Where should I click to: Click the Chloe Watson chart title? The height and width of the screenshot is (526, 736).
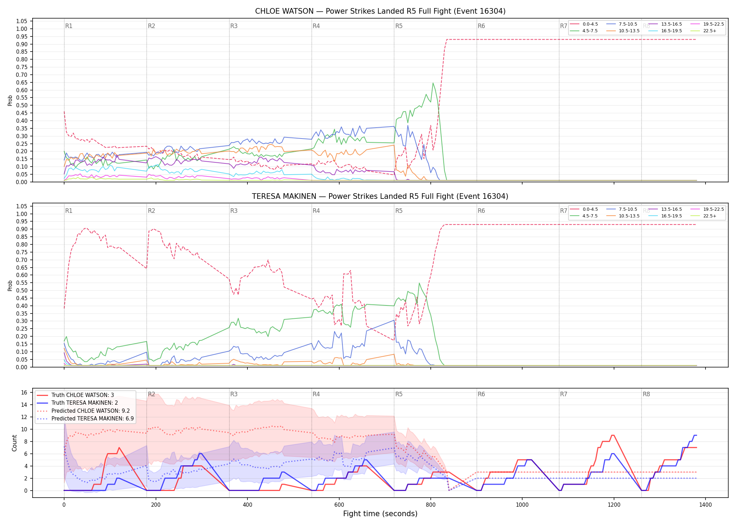pos(380,11)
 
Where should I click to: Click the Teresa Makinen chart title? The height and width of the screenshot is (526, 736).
pos(380,196)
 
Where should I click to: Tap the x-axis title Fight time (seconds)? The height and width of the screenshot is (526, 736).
pos(380,514)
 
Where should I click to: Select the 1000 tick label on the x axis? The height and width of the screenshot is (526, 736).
pos(522,505)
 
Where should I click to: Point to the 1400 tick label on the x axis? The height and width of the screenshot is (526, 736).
pos(706,505)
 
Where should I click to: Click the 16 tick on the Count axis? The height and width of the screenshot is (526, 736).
pos(24,392)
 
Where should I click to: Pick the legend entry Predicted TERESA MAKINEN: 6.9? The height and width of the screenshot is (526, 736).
pos(85,419)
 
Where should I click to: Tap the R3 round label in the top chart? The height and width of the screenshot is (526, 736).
pos(234,26)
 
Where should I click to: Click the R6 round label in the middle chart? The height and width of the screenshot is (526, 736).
pos(481,211)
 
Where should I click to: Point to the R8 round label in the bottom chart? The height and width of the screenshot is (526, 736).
pos(646,394)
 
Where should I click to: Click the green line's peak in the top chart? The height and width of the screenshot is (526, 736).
pos(433,83)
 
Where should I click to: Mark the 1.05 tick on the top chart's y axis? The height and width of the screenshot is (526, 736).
pos(22,21)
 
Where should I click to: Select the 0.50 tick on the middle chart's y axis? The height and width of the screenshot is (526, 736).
pos(22,290)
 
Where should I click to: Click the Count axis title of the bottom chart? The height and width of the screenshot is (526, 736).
pos(14,443)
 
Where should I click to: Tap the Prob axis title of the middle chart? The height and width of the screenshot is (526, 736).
pos(10,285)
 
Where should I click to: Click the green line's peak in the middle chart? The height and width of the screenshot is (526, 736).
pos(419,283)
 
